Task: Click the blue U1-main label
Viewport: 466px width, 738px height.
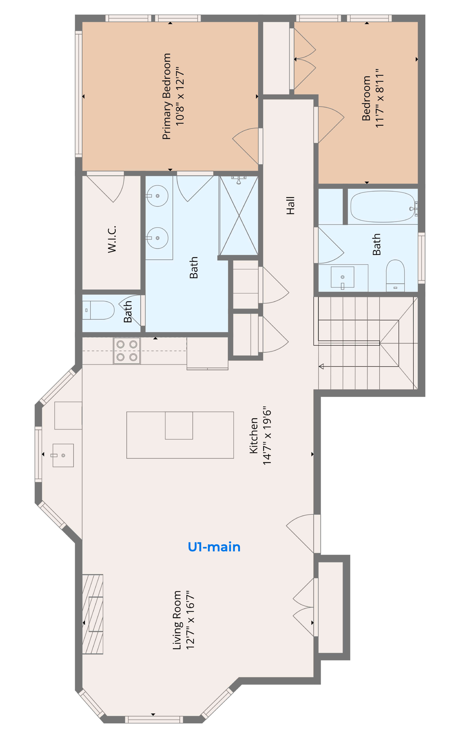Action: [x=214, y=547]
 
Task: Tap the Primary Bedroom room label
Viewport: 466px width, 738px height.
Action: [x=173, y=96]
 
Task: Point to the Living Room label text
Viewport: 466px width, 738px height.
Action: [x=183, y=620]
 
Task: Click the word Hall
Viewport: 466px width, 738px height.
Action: [x=290, y=205]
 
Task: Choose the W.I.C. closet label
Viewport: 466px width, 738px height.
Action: [x=112, y=239]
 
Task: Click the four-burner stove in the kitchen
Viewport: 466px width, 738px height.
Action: [x=127, y=351]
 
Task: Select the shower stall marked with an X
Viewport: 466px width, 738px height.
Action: [x=239, y=215]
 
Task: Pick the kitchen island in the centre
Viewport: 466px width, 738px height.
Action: [x=180, y=435]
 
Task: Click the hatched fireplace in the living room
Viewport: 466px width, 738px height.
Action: [x=93, y=614]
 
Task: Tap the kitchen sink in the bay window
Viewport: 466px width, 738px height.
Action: [x=63, y=455]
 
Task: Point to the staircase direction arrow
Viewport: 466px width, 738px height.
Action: [x=321, y=366]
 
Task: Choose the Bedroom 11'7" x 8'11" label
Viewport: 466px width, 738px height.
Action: [x=373, y=98]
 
